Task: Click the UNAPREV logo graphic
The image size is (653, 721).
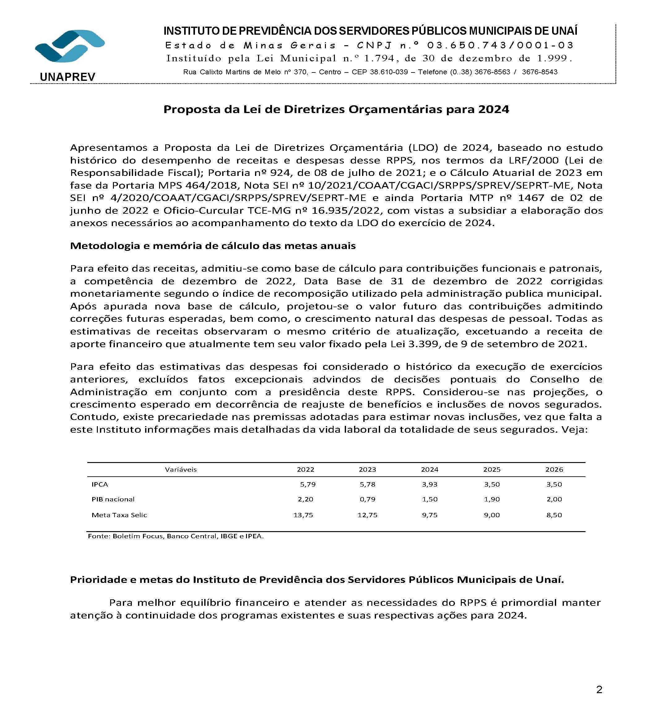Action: pyautogui.click(x=70, y=46)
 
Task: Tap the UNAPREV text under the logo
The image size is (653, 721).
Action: pyautogui.click(x=67, y=77)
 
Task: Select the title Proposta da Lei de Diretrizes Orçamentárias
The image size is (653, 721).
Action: pyautogui.click(x=336, y=109)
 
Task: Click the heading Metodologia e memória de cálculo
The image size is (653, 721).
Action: pyautogui.click(x=213, y=246)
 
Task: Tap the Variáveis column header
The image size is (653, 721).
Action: pyautogui.click(x=180, y=470)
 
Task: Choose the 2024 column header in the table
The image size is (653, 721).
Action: pyautogui.click(x=429, y=470)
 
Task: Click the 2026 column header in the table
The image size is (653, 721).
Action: pyautogui.click(x=554, y=470)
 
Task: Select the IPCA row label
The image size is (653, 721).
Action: pyautogui.click(x=100, y=484)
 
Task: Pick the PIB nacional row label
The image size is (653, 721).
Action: pyautogui.click(x=113, y=499)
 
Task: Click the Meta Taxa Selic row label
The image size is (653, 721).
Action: pyautogui.click(x=119, y=515)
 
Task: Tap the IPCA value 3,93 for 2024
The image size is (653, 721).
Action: pyautogui.click(x=429, y=484)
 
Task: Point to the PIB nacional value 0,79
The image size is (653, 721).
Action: pyautogui.click(x=367, y=499)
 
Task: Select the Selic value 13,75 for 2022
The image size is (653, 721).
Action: pyautogui.click(x=303, y=515)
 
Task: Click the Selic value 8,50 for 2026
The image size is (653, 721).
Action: pyautogui.click(x=554, y=515)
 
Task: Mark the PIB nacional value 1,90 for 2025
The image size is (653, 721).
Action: pyautogui.click(x=492, y=499)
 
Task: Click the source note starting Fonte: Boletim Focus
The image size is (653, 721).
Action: pyautogui.click(x=175, y=536)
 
